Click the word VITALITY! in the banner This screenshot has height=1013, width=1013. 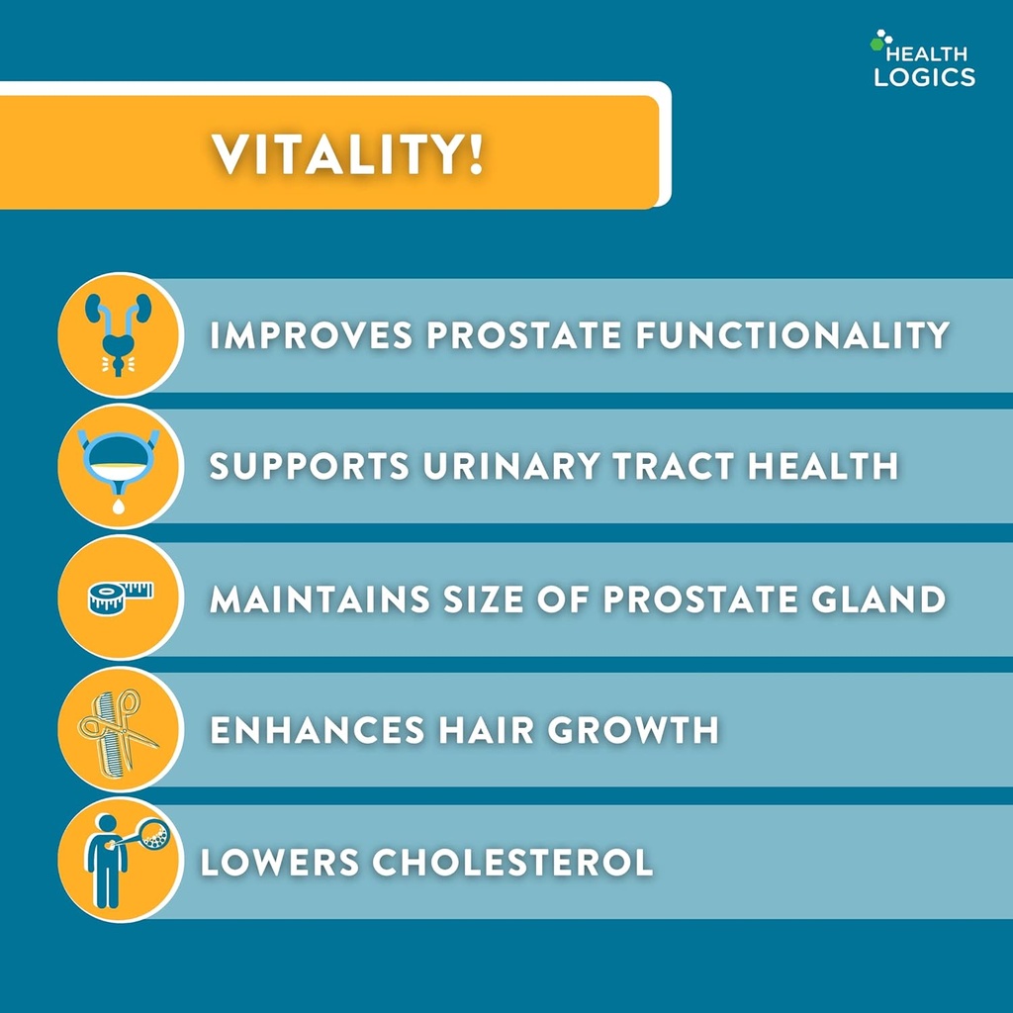pyautogui.click(x=348, y=154)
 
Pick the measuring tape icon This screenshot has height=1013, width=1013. pyautogui.click(x=120, y=599)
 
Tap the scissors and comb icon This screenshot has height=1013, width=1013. pyautogui.click(x=120, y=730)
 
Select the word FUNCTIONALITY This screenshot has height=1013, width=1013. pyautogui.click(x=791, y=335)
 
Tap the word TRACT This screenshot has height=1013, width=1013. pyautogui.click(x=674, y=467)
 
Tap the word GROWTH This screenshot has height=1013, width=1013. pyautogui.click(x=633, y=730)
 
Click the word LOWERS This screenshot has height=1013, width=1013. pyautogui.click(x=279, y=862)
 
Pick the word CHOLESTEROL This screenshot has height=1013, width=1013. pyautogui.click(x=511, y=862)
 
